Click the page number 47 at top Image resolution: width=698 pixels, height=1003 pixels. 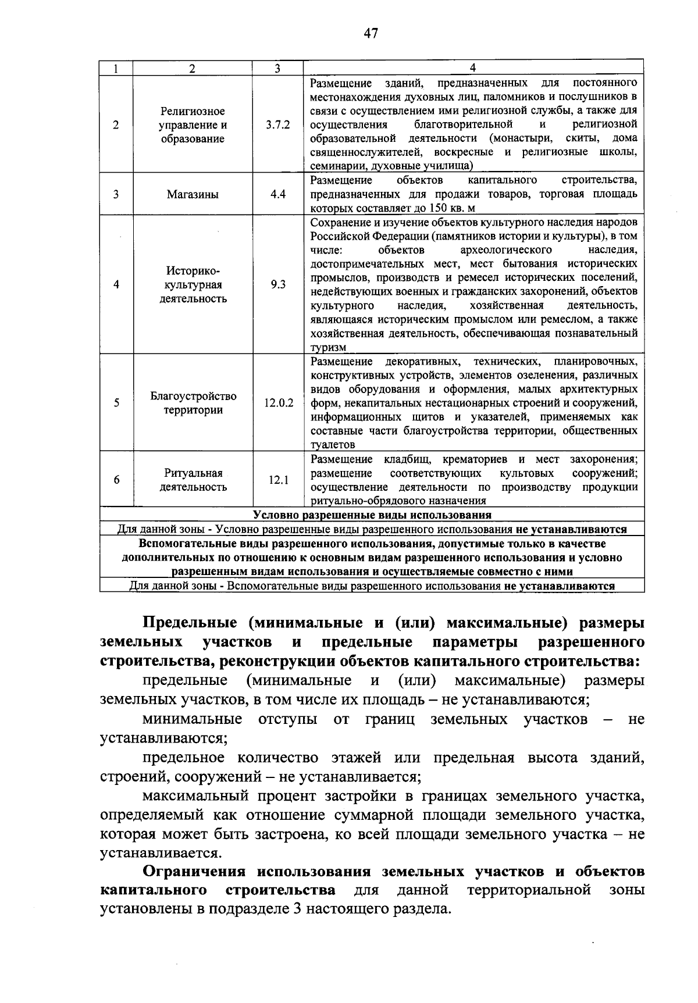click(371, 33)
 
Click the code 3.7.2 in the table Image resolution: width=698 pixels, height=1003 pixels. click(278, 124)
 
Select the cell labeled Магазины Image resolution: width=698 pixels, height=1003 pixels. click(193, 195)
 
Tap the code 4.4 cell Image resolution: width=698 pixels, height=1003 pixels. click(278, 194)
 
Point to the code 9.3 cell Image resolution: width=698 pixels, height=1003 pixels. click(278, 285)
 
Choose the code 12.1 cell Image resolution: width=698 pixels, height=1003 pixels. click(278, 480)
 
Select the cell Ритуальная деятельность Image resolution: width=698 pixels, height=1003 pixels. click(193, 480)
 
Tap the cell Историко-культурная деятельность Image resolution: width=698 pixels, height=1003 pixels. click(193, 285)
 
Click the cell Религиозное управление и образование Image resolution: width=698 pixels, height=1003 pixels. click(193, 124)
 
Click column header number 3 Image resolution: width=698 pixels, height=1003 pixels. click(277, 68)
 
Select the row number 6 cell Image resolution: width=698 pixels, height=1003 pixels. click(116, 480)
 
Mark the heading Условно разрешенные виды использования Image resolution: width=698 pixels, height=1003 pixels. click(372, 515)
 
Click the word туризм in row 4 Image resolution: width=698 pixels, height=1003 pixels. click(328, 348)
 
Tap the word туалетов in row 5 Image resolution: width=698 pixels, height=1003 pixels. click(332, 445)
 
